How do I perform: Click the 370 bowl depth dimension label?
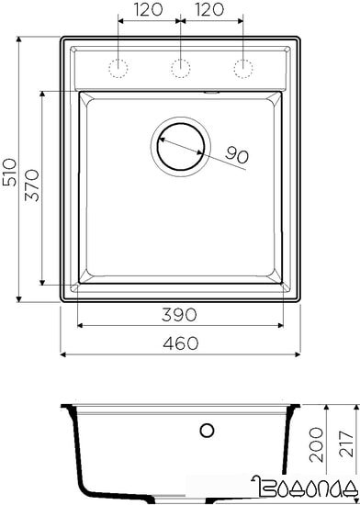pyautogui.click(x=30, y=188)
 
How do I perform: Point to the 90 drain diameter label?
pyautogui.click(x=237, y=157)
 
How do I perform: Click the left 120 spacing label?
pyautogui.click(x=150, y=12)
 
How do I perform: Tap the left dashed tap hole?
pyautogui.click(x=118, y=67)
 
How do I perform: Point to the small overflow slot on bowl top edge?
pyautogui.click(x=210, y=92)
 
